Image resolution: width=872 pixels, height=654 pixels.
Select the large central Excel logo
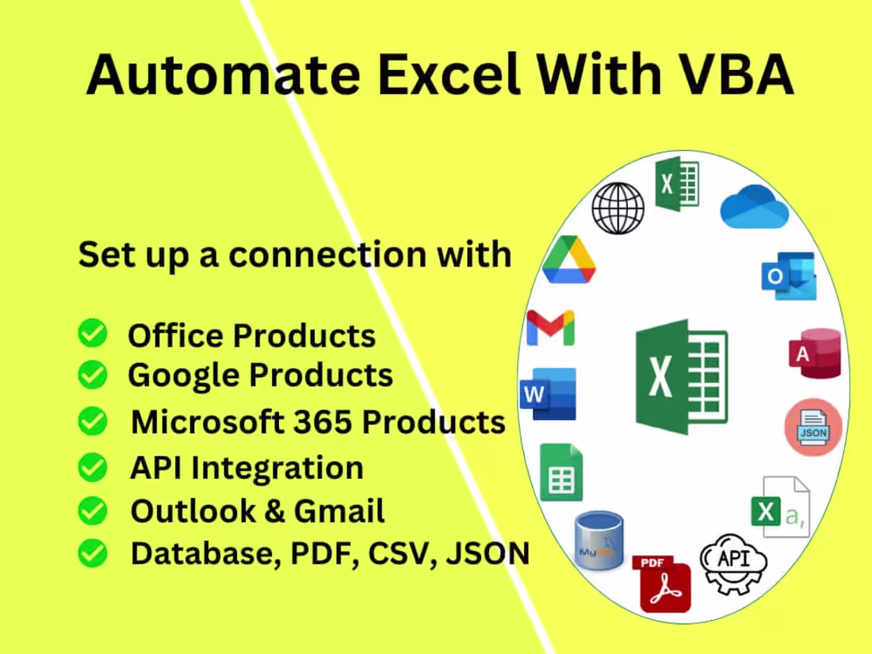[x=681, y=377]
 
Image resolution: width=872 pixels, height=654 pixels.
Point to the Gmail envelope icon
[x=550, y=327]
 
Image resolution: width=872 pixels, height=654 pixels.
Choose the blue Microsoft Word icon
[x=548, y=394]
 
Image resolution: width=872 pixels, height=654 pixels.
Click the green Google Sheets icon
[x=561, y=472]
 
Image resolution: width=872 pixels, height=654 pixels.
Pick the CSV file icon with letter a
[x=780, y=507]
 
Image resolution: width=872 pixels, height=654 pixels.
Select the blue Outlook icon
[x=788, y=275]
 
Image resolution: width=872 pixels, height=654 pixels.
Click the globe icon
[x=618, y=208]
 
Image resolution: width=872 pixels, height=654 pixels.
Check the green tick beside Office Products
[x=93, y=335]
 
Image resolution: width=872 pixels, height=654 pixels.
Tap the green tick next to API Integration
[x=93, y=468]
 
